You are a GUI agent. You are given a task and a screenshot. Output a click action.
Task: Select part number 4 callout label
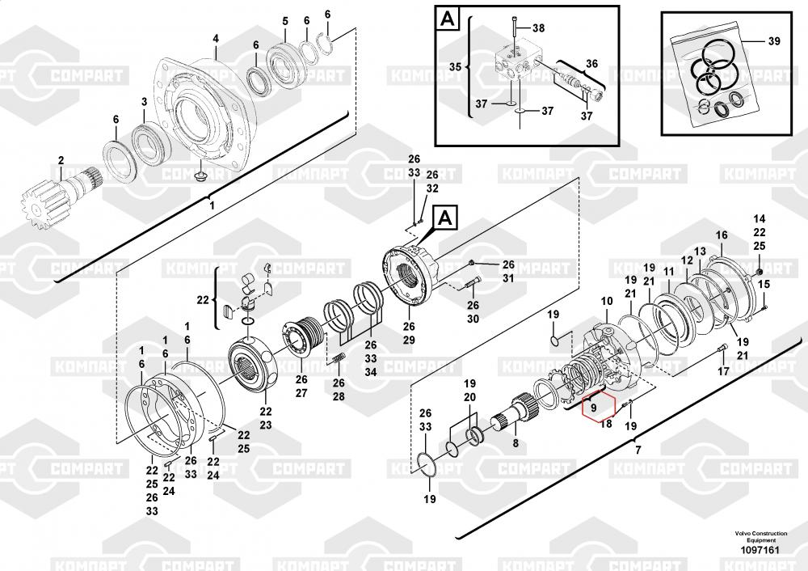click(x=216, y=39)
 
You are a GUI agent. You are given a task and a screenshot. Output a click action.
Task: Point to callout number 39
click(x=774, y=40)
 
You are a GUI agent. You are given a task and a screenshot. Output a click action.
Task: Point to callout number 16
click(x=722, y=235)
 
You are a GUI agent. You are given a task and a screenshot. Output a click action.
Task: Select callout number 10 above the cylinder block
click(x=607, y=302)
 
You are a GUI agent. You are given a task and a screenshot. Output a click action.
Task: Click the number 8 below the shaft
click(x=515, y=442)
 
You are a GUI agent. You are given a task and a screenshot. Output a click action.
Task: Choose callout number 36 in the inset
click(x=591, y=63)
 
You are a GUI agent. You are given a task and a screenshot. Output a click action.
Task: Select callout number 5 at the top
click(x=284, y=19)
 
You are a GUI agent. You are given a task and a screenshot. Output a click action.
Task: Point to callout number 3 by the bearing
click(x=144, y=102)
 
